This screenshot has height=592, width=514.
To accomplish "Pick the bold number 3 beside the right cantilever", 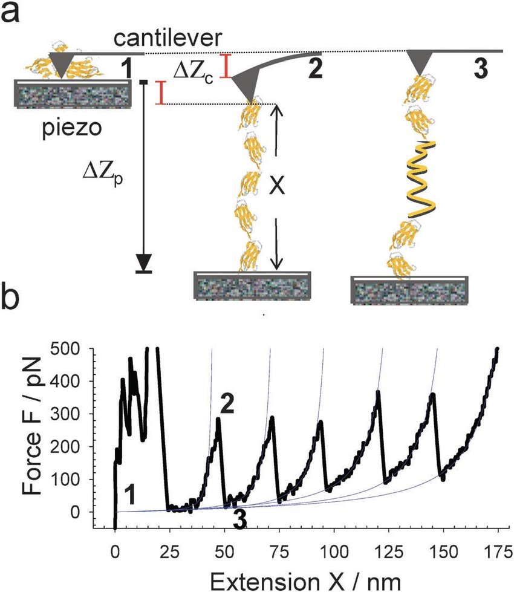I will coord(480,68).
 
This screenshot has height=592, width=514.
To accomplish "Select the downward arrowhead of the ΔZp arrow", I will coord(144,261).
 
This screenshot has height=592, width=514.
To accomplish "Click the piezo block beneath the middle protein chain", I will coord(252,285).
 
